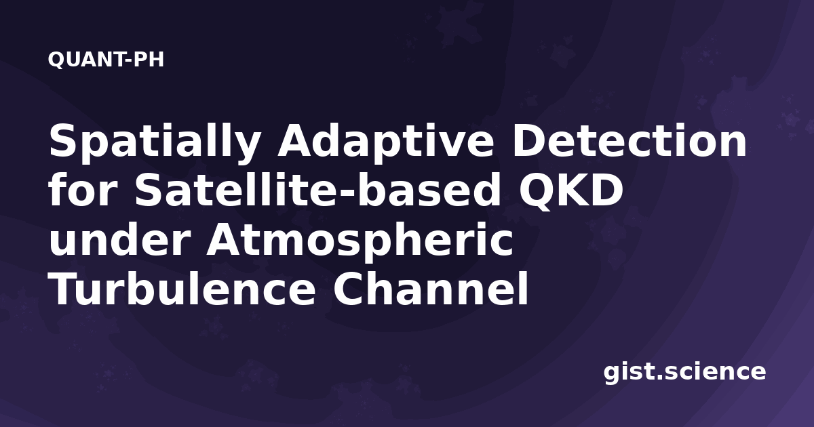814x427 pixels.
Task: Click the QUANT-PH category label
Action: pyautogui.click(x=106, y=60)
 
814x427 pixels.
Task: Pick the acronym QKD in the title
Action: pyautogui.click(x=571, y=191)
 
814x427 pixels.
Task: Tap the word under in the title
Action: pyautogui.click(x=119, y=239)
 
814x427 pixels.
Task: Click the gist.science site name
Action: pyautogui.click(x=684, y=373)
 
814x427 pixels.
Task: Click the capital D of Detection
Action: pyautogui.click(x=530, y=141)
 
